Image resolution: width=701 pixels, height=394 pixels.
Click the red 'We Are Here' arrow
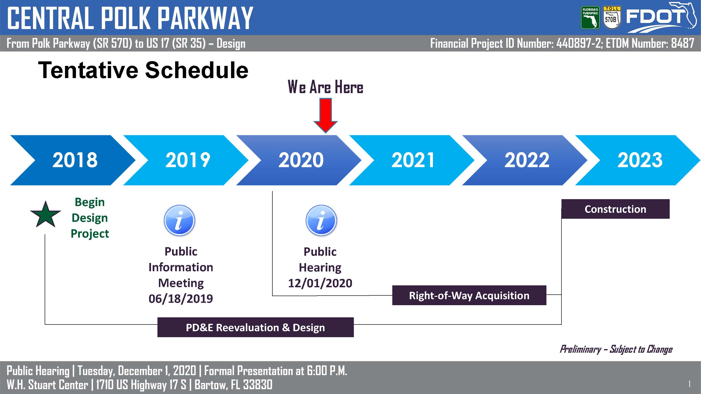click(325, 116)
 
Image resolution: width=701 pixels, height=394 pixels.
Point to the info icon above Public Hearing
click(321, 220)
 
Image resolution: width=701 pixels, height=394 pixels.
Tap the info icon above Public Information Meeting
click(179, 220)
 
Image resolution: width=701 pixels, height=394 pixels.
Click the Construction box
click(615, 209)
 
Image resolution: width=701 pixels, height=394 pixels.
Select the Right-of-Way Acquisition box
click(469, 295)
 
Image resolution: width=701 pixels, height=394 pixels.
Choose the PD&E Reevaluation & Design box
click(255, 327)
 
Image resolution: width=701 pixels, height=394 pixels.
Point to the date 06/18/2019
click(181, 299)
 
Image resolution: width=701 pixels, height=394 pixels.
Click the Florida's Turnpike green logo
click(590, 18)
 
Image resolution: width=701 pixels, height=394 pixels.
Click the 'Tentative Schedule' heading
click(143, 70)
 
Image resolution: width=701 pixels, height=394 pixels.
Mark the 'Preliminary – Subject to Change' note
click(616, 349)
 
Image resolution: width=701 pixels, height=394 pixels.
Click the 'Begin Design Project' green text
click(90, 218)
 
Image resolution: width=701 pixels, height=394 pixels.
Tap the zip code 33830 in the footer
click(258, 385)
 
